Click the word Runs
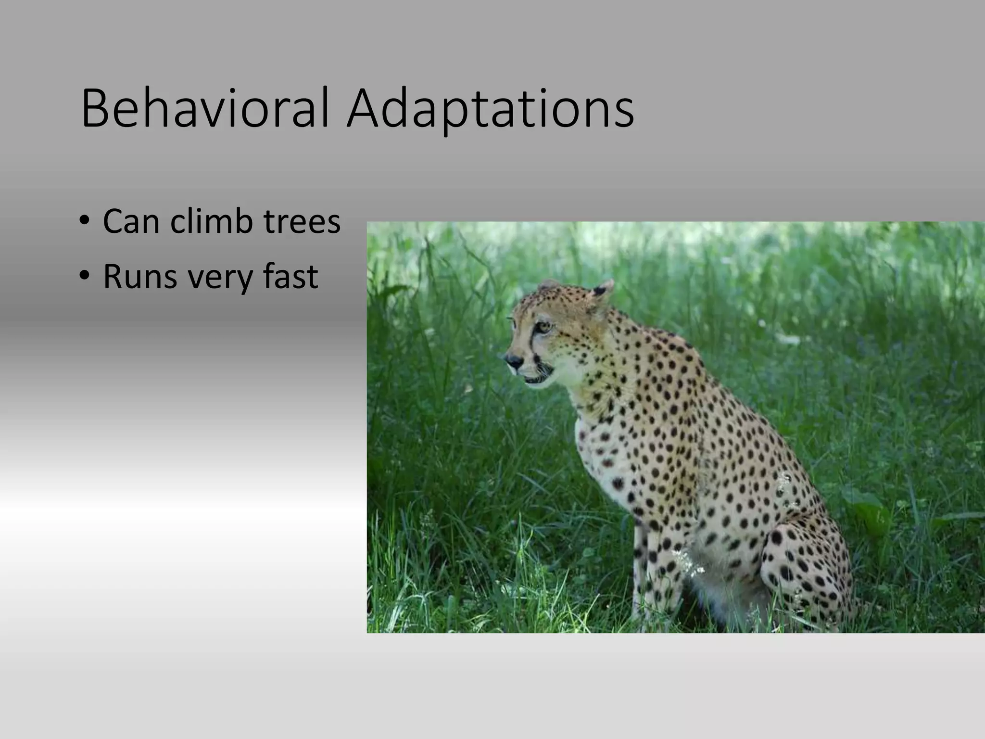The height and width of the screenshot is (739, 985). click(x=140, y=277)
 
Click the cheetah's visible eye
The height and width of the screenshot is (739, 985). click(x=544, y=327)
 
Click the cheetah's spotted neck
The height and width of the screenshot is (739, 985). click(x=625, y=366)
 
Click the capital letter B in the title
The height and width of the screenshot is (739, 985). click(x=94, y=108)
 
